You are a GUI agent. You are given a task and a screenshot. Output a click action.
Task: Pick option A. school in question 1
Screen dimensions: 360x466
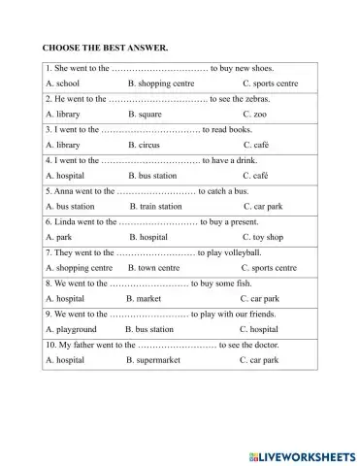coord(62,83)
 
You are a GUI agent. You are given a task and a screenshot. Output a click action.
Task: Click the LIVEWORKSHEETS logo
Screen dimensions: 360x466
coord(302,453)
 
